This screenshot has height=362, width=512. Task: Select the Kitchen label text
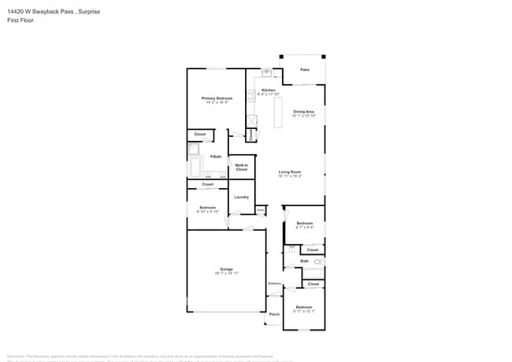(x=269, y=90)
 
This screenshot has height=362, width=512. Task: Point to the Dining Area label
(x=303, y=112)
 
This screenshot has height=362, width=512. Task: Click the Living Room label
(x=290, y=172)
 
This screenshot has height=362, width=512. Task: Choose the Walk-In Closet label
(x=241, y=167)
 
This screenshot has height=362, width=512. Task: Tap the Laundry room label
(x=241, y=197)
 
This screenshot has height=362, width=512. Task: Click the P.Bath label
(x=215, y=157)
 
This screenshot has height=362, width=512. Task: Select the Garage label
(x=226, y=269)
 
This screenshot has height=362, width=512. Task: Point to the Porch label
(x=274, y=314)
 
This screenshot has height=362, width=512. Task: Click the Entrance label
(x=274, y=283)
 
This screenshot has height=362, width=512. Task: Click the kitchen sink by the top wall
(x=266, y=73)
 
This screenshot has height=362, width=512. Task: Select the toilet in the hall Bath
(x=318, y=260)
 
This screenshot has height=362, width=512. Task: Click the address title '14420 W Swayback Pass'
(x=39, y=12)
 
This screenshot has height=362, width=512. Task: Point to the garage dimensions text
(x=226, y=273)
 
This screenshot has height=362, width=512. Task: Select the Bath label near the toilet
(x=304, y=260)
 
